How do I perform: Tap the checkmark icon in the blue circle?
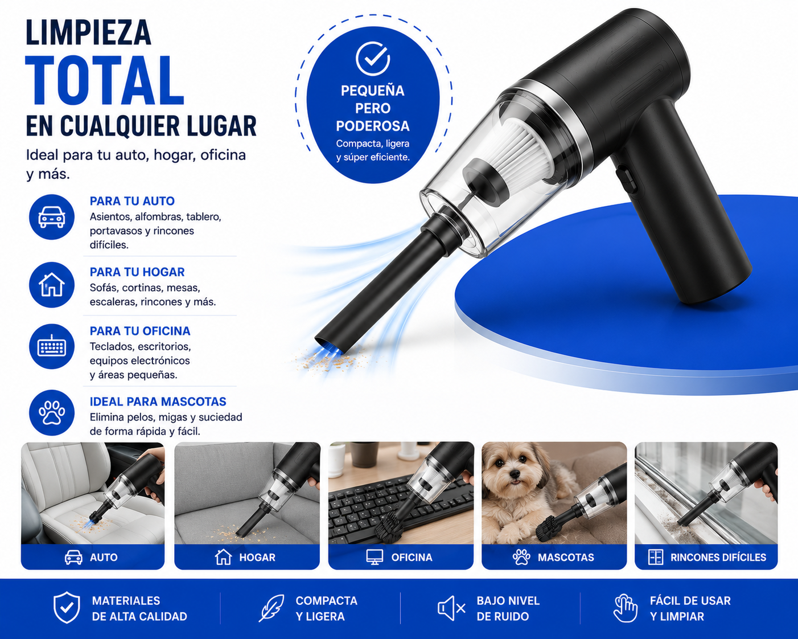point(373,59)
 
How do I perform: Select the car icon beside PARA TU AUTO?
point(52,217)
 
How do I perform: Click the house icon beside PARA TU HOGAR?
point(52,285)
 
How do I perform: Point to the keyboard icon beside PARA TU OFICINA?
point(52,347)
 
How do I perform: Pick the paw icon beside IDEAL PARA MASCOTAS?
point(52,412)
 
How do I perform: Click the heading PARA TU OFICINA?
point(140,331)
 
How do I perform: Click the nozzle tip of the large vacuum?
point(330,343)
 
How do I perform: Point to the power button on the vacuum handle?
point(626,180)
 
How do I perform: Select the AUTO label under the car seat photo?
point(104,558)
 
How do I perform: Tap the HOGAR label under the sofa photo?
point(257,558)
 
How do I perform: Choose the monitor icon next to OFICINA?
point(375,557)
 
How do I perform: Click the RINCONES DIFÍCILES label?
point(718,558)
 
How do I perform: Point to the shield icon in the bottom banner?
point(67,608)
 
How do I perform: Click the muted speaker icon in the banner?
point(451,608)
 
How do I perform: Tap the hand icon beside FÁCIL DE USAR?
point(625,608)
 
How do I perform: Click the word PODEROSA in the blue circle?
point(373,126)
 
